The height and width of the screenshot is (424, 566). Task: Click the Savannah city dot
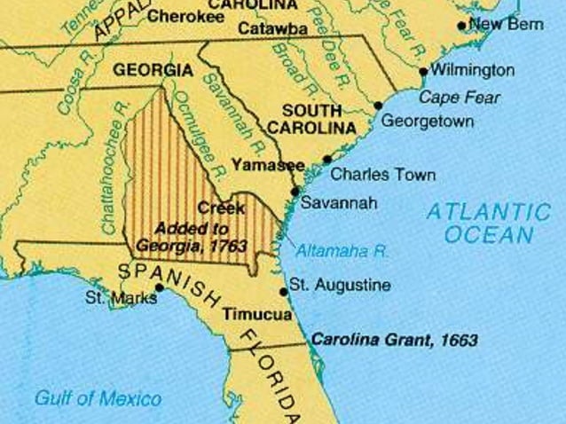click(295, 190)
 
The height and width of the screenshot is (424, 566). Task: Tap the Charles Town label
click(382, 175)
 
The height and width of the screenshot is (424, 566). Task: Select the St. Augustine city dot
click(283, 290)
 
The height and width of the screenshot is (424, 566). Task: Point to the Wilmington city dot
click(423, 71)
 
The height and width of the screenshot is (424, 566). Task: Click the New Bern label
click(506, 24)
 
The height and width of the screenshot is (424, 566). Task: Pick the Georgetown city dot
click(378, 105)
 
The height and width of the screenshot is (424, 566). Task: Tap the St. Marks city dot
click(160, 287)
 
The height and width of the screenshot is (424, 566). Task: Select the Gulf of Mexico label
click(98, 398)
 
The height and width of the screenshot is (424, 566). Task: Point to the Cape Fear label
click(460, 97)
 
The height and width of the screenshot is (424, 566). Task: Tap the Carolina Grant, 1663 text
click(394, 340)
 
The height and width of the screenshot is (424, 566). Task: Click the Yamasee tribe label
click(267, 164)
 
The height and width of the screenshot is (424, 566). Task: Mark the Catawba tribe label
click(272, 29)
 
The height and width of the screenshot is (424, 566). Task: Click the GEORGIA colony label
click(153, 69)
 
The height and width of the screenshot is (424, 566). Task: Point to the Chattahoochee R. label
click(113, 169)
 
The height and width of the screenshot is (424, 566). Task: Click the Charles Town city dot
click(327, 159)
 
